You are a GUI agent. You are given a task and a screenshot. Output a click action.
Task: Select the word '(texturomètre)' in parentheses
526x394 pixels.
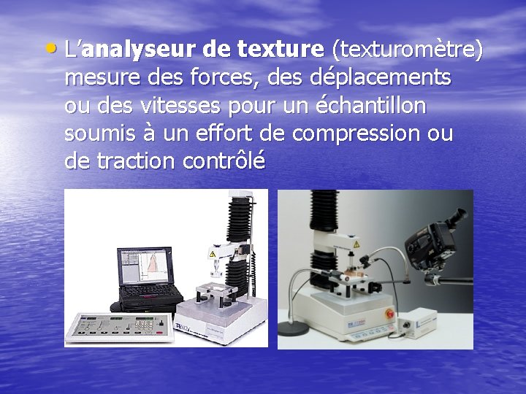(407, 50)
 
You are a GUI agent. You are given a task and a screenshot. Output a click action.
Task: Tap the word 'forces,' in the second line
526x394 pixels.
(240, 77)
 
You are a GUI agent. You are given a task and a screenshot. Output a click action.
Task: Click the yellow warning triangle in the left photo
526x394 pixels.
(213, 255)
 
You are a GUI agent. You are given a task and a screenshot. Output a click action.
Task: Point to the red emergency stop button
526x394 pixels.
(389, 322)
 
